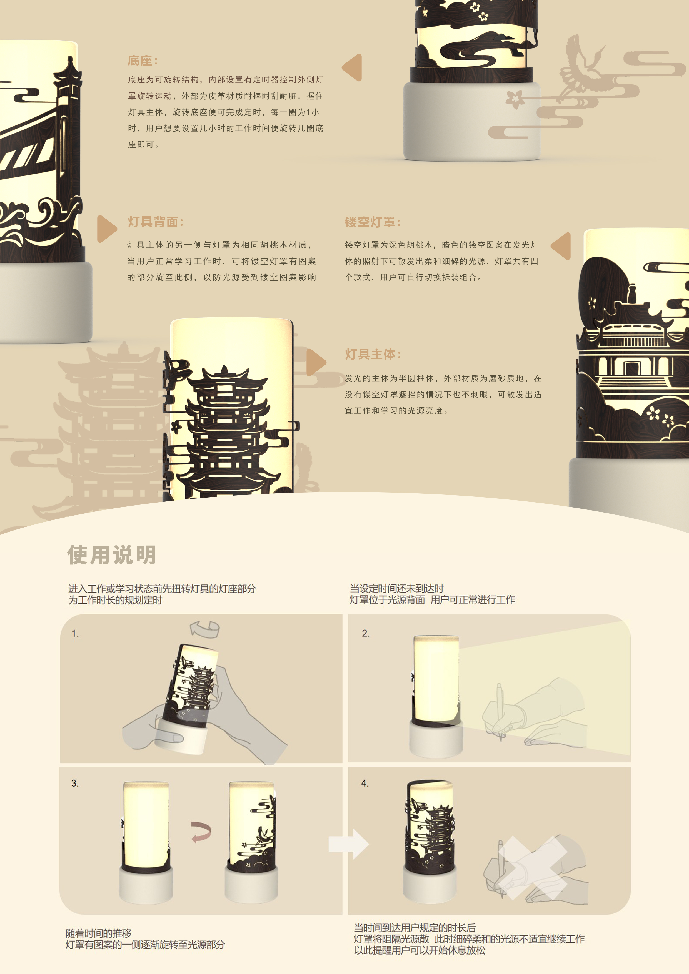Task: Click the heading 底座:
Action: (143, 61)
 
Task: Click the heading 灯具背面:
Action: (155, 222)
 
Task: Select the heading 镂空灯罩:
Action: (372, 222)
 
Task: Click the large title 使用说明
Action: (112, 555)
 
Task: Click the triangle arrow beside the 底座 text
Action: (353, 67)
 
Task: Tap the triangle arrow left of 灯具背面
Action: (106, 229)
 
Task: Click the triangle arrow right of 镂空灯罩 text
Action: (562, 246)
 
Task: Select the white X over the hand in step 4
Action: (535, 868)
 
